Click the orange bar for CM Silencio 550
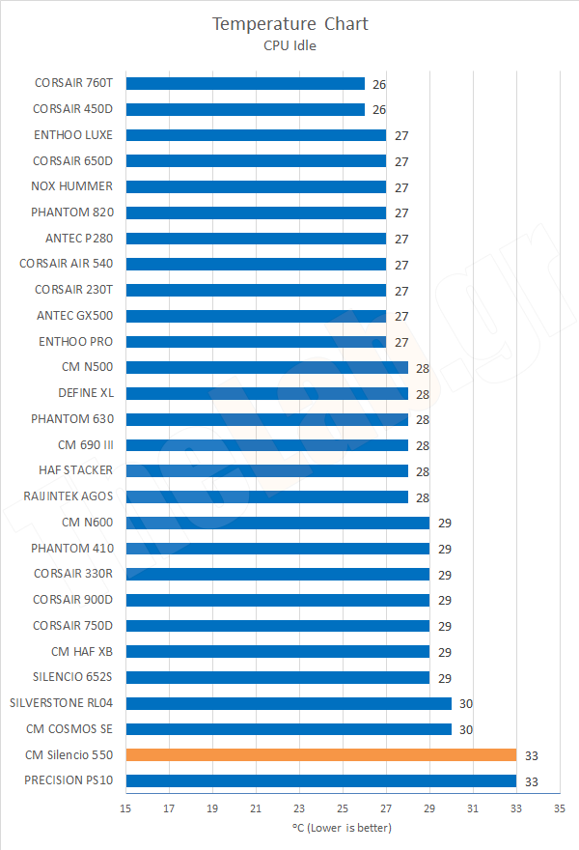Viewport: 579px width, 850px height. pos(320,754)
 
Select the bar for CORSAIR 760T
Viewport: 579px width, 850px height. pos(245,84)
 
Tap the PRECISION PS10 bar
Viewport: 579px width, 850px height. pos(320,780)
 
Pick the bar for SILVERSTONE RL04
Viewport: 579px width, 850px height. pos(289,703)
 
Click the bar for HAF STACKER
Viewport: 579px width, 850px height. pos(266,470)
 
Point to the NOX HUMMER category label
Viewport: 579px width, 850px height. pos(72,186)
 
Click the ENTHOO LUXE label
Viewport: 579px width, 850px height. pos(72,135)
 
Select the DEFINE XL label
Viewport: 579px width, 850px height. pos(85,393)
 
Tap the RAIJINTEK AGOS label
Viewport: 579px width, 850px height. pos(69,496)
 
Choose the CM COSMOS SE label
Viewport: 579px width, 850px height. pos(69,728)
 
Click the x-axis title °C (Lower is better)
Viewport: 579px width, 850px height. pos(342,828)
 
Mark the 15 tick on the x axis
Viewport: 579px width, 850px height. pos(125,807)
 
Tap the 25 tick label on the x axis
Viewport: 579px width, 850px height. pos(343,807)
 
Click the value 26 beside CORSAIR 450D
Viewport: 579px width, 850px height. pos(379,110)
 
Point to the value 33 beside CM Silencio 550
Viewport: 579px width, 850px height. pos(531,755)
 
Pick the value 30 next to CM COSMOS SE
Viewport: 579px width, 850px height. pos(466,729)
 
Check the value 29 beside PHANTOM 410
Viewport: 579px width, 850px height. pos(444,549)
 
